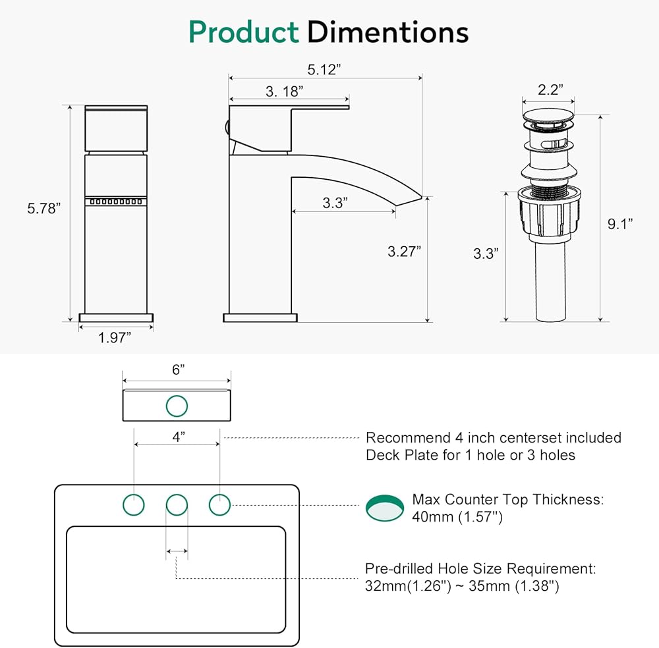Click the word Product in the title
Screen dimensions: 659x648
coord(244,32)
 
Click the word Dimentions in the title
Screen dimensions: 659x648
coord(388,32)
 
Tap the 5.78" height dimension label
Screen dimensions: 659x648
coord(43,208)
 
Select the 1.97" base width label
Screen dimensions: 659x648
coord(114,337)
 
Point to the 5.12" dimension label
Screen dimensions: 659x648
coord(324,69)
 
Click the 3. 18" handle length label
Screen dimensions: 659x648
coord(285,91)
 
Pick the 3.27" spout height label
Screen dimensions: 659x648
coord(405,252)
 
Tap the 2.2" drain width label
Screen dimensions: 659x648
coord(550,90)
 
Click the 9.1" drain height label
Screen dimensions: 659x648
coord(620,224)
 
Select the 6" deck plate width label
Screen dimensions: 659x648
coord(178,369)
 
